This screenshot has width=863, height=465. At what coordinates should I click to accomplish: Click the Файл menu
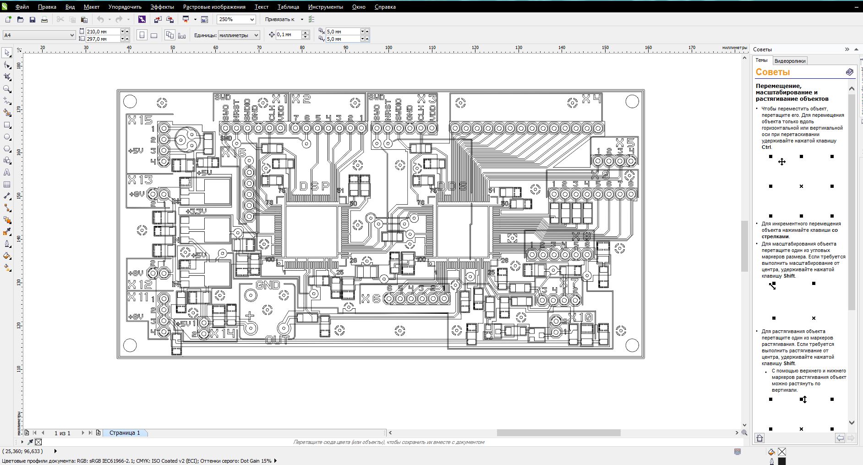[x=22, y=7]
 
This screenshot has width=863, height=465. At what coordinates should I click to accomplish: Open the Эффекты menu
[x=162, y=7]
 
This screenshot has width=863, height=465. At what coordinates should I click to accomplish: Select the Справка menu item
[x=385, y=7]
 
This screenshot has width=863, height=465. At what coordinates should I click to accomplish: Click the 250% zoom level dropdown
[x=236, y=19]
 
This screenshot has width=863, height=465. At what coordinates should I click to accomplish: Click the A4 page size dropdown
[x=39, y=35]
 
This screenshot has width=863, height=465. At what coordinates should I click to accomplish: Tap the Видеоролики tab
[x=790, y=61]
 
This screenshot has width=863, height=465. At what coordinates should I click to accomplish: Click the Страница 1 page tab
[x=125, y=432]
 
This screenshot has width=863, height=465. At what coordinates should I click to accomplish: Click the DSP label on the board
[x=315, y=186]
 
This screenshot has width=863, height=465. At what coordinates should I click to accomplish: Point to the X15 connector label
[x=140, y=120]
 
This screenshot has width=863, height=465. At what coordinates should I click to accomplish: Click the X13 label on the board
[x=140, y=180]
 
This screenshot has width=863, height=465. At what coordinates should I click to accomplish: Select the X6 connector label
[x=371, y=299]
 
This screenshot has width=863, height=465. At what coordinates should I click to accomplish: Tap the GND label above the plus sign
[x=268, y=285]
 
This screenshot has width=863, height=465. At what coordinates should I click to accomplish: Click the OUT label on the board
[x=277, y=340]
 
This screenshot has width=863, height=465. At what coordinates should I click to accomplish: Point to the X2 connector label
[x=301, y=98]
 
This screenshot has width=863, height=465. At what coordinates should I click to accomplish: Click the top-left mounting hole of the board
[x=130, y=101]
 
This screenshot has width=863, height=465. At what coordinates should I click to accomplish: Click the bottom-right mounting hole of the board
[x=632, y=345]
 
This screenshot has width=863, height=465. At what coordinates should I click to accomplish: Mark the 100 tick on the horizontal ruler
[x=388, y=48]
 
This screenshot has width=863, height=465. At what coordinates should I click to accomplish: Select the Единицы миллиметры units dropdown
[x=239, y=35]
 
